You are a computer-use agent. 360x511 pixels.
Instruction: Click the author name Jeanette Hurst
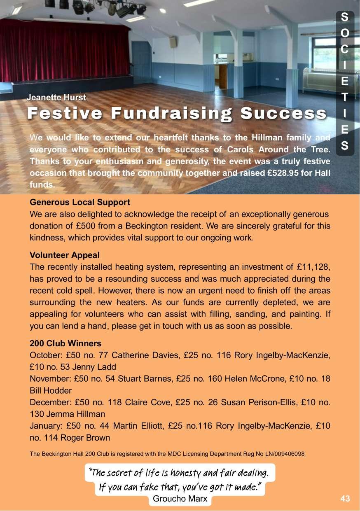pos(56,98)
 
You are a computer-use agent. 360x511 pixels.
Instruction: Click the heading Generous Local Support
pos(80,202)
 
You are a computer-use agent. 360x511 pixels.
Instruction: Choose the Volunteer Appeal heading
pos(65,255)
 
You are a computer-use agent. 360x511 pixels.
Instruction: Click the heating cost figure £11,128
pos(313,267)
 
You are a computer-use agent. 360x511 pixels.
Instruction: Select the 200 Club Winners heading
pos(65,343)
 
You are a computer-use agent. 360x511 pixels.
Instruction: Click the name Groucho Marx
pos(180,499)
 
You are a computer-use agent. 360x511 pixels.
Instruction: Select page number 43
pos(345,499)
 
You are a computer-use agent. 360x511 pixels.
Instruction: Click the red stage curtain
pos(62,51)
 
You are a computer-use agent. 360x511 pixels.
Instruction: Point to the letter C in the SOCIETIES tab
pos(345,49)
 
